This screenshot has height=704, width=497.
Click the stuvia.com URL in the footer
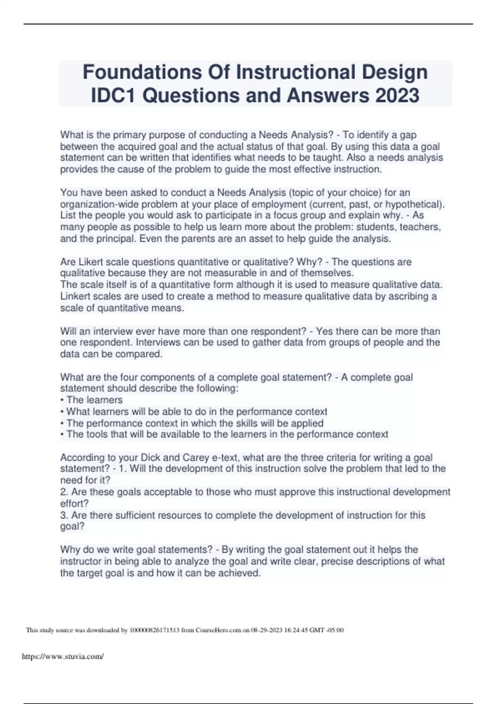point(63,656)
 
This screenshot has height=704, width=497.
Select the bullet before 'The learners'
point(62,400)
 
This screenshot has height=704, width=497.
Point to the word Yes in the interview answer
point(324,331)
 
